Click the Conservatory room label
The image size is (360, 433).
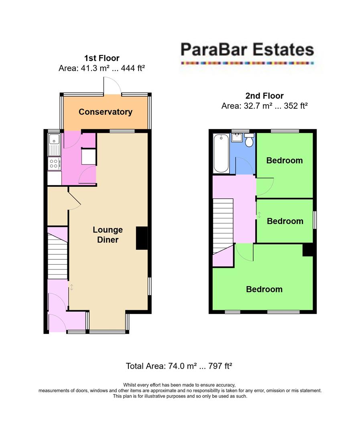(105, 112)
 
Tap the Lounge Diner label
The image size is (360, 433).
(108, 235)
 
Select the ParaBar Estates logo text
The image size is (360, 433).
(247, 50)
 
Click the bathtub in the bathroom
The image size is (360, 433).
(222, 154)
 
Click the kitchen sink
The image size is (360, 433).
(54, 145)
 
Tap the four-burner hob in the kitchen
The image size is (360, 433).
(54, 163)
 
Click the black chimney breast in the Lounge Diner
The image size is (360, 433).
(142, 239)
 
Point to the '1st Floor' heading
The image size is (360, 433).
(102, 58)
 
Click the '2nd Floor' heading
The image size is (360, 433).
(264, 96)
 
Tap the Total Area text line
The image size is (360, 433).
(179, 366)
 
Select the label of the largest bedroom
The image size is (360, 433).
(264, 289)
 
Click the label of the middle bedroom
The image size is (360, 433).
(285, 221)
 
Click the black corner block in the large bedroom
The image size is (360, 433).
(308, 250)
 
